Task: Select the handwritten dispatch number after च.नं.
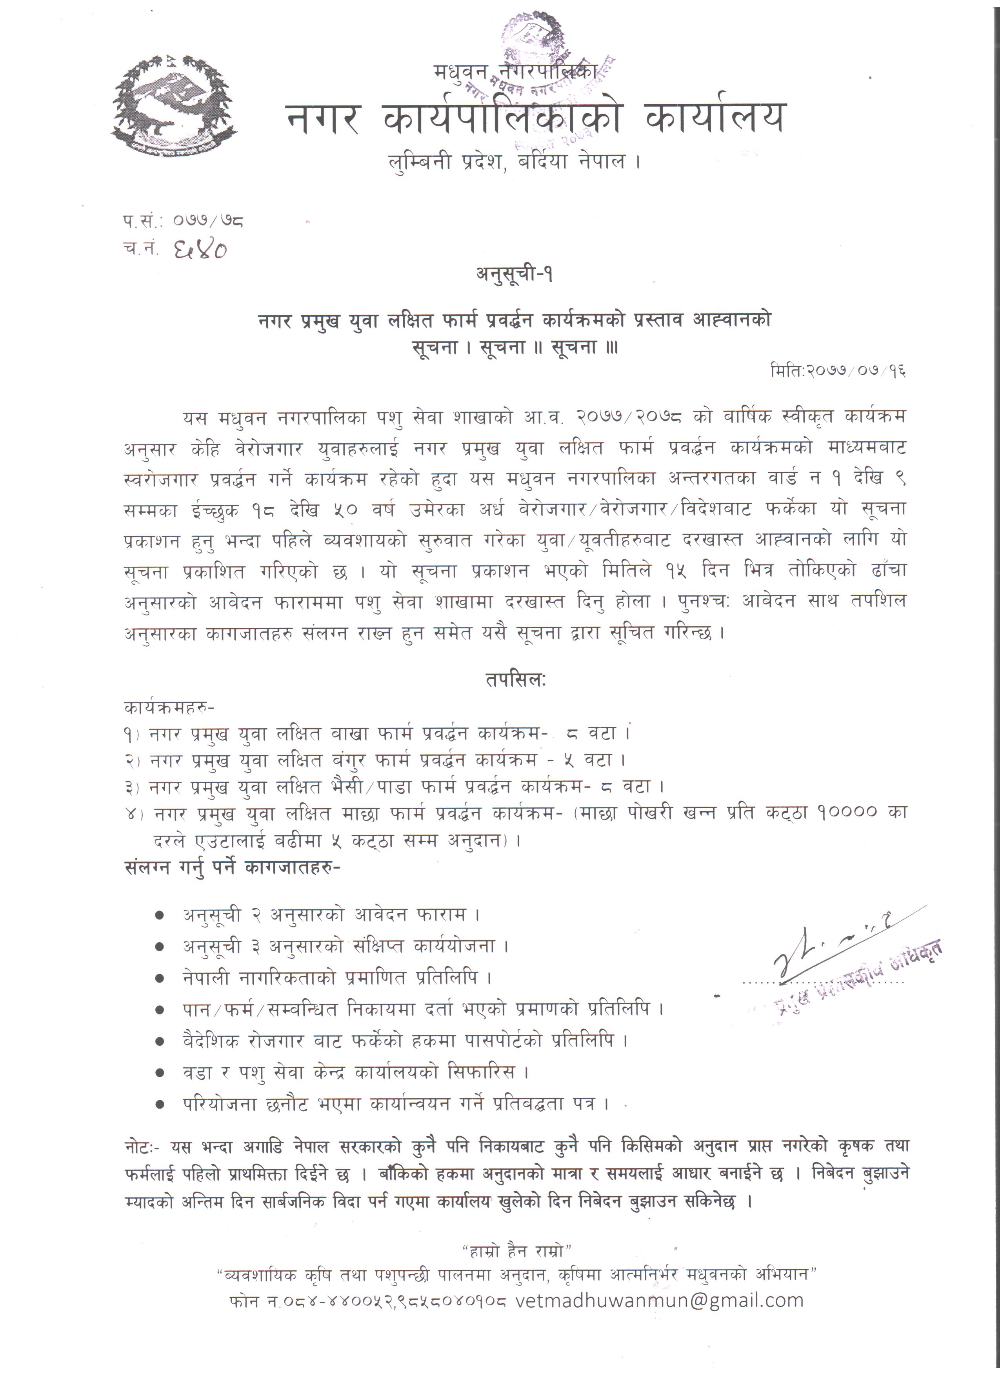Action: coord(200,249)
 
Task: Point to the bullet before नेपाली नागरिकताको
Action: coord(160,978)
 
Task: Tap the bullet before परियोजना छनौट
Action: coord(160,1105)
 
